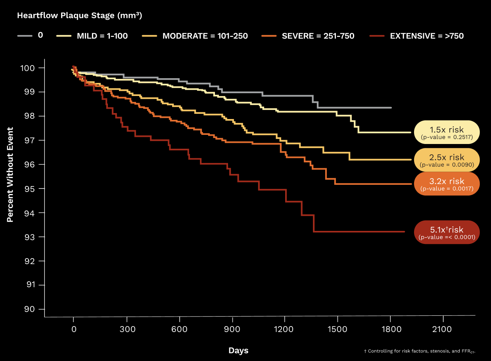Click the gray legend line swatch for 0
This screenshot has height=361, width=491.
pos(25,36)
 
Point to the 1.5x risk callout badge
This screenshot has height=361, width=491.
pos(447,132)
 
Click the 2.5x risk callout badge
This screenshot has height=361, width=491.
pos(447,160)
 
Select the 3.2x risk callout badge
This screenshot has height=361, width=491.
pos(447,184)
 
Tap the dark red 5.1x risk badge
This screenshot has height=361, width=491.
pos(447,232)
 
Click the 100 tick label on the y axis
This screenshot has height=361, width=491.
pos(27,68)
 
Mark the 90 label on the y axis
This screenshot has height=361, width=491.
pos(30,309)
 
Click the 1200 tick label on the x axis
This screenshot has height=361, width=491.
pos(284,329)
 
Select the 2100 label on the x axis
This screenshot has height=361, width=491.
pos(442,329)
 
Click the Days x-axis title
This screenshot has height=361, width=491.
pos(238,350)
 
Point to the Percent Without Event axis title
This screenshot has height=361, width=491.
pos(10,175)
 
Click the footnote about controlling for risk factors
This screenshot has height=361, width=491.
pos(420,351)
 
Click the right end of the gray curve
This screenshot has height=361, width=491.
pos(391,108)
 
